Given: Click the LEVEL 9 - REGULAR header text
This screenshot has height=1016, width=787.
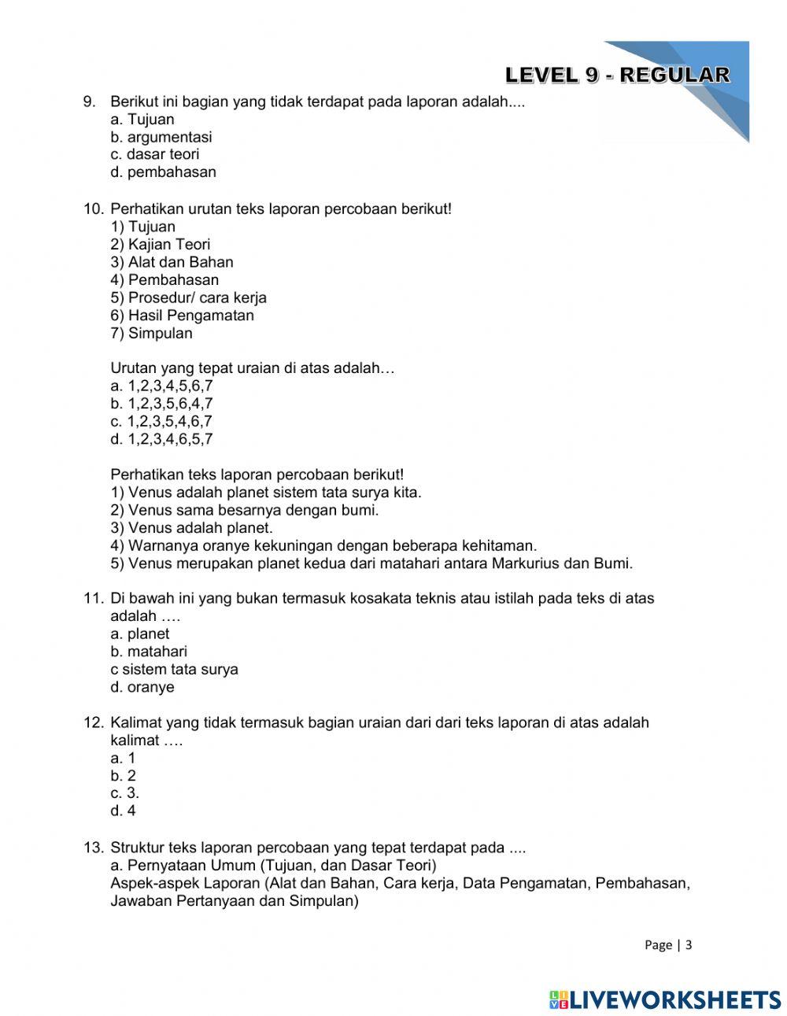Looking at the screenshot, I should click(x=617, y=76).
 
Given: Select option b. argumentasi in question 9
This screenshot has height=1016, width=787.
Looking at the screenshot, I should click(x=161, y=137).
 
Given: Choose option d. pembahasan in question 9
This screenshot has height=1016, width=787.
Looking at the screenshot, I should click(x=163, y=172).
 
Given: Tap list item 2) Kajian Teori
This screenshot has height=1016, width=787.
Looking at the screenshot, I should click(x=161, y=245).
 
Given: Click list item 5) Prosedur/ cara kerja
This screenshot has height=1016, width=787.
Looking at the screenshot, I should click(x=188, y=297).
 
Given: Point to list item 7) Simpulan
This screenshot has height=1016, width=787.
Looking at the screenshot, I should click(x=151, y=333).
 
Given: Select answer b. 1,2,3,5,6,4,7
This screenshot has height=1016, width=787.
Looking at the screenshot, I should click(x=161, y=404).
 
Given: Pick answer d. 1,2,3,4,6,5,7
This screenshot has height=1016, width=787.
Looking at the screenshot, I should click(x=161, y=439).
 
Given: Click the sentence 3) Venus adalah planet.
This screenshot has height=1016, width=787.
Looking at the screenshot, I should click(x=191, y=528).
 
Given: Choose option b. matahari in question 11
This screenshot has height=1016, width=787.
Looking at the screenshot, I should click(x=149, y=652).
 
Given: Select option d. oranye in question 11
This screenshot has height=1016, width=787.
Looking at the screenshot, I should click(x=142, y=687).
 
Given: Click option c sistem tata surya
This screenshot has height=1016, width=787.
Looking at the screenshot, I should click(x=174, y=670).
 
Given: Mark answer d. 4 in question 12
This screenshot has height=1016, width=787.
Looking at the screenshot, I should click(x=124, y=811).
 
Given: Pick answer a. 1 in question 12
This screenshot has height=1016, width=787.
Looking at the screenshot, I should click(x=123, y=758).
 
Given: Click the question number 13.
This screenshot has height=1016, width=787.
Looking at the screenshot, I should click(x=93, y=848).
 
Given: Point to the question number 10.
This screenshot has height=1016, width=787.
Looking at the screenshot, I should click(x=93, y=209).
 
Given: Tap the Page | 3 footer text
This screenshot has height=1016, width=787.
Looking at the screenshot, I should click(x=667, y=945).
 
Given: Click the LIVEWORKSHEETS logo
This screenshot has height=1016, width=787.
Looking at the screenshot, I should click(x=665, y=999).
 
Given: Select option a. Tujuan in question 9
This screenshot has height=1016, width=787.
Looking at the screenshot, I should click(x=142, y=120).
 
